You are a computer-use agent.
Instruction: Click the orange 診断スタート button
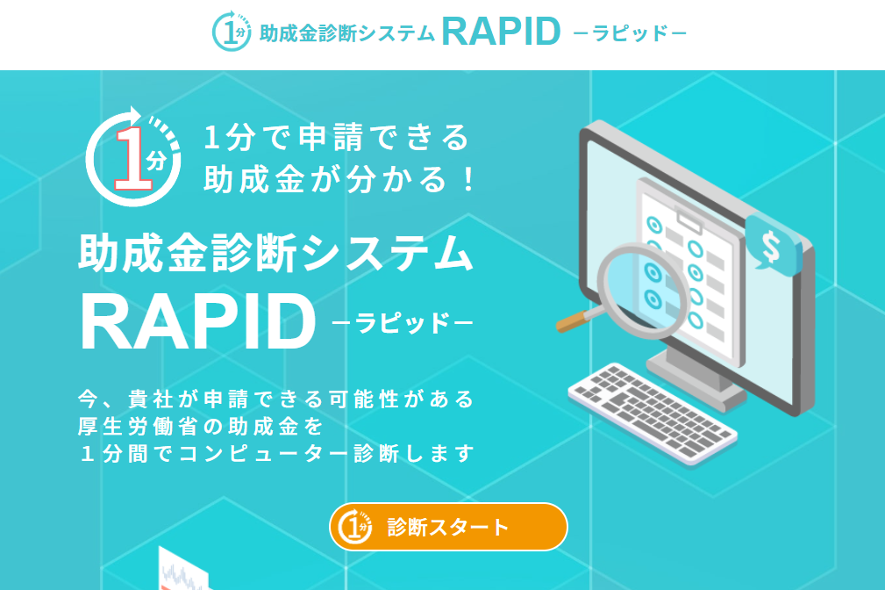tap(448, 527)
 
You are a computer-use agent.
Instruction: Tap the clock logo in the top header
tap(232, 31)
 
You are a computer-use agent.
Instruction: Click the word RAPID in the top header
tap(501, 32)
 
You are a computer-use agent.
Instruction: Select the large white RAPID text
tap(197, 323)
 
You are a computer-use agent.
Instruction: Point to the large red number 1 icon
tap(132, 159)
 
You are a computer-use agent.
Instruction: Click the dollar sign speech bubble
tap(772, 243)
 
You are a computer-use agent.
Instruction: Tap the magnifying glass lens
tap(644, 290)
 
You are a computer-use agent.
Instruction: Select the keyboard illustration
tap(653, 413)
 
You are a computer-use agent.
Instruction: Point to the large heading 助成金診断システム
tap(276, 253)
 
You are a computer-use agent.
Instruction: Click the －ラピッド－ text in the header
tap(630, 33)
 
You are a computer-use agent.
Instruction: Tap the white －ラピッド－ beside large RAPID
tap(403, 323)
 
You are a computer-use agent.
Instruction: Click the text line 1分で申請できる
tap(337, 138)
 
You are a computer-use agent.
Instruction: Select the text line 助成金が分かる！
tap(340, 180)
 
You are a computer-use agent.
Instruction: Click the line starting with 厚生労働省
tap(200, 427)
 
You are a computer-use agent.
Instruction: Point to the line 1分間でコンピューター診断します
tap(276, 454)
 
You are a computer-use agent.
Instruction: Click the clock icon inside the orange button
tap(355, 526)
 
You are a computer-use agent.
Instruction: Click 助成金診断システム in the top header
tap(347, 33)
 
